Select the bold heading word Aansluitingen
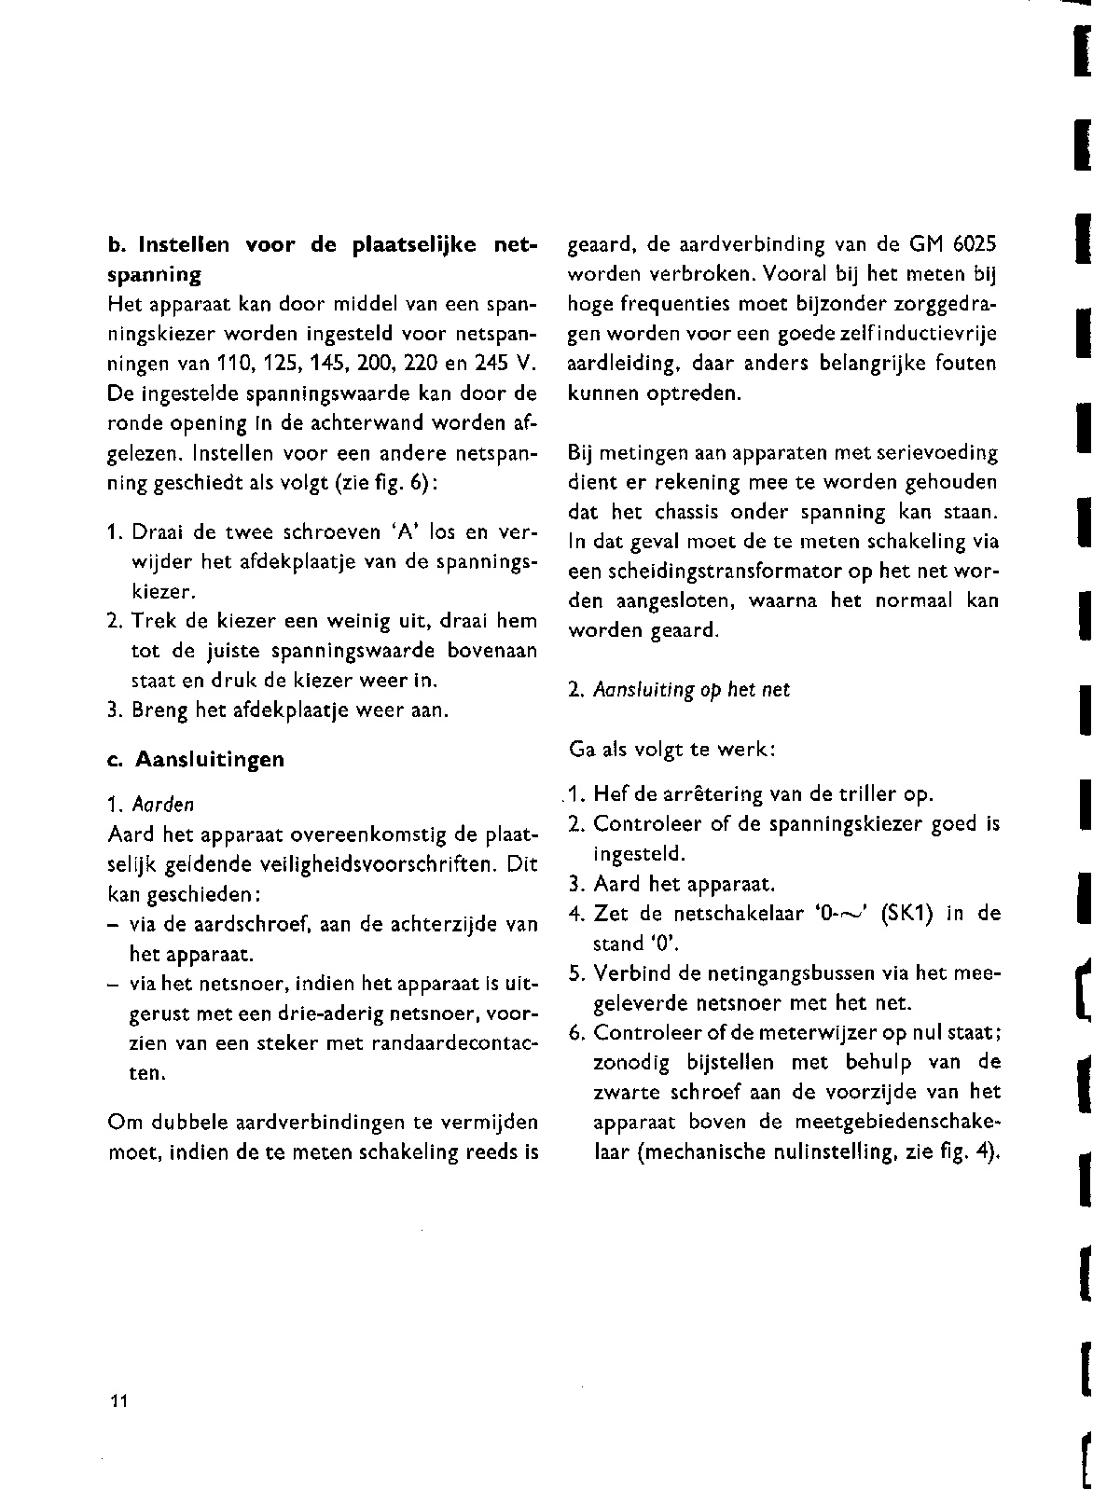point(210,759)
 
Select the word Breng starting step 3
point(160,710)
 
